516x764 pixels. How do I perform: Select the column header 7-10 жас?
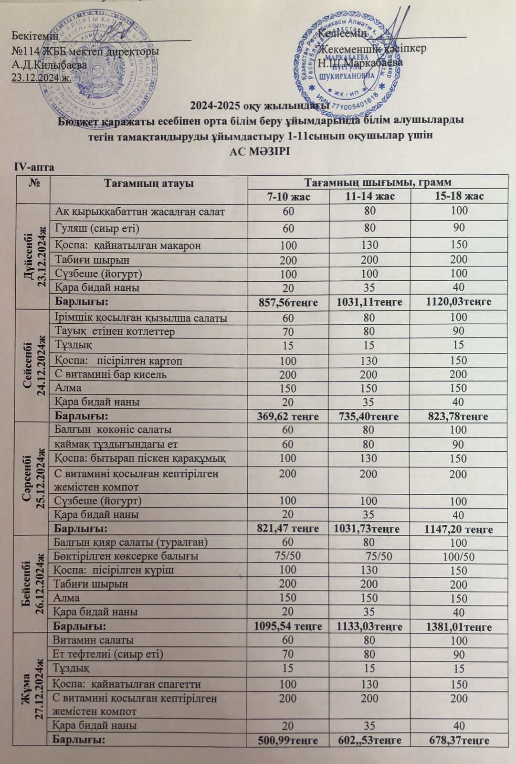[288, 196]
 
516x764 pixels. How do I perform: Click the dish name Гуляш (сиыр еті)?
[97, 228]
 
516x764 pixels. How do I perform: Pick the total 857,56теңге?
[288, 302]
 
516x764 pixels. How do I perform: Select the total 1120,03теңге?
[459, 302]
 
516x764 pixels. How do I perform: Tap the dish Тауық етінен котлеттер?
[115, 331]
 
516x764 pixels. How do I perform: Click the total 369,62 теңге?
[288, 416]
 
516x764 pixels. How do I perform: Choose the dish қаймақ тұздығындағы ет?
[116, 444]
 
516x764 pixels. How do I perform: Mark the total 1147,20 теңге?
[458, 530]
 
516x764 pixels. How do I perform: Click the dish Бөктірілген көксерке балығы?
[126, 556]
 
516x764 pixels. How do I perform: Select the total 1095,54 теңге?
[288, 626]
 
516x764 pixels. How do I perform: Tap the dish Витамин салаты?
[94, 640]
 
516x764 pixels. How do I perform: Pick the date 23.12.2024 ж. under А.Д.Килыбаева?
[42, 77]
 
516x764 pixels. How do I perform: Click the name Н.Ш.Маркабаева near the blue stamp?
[360, 63]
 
